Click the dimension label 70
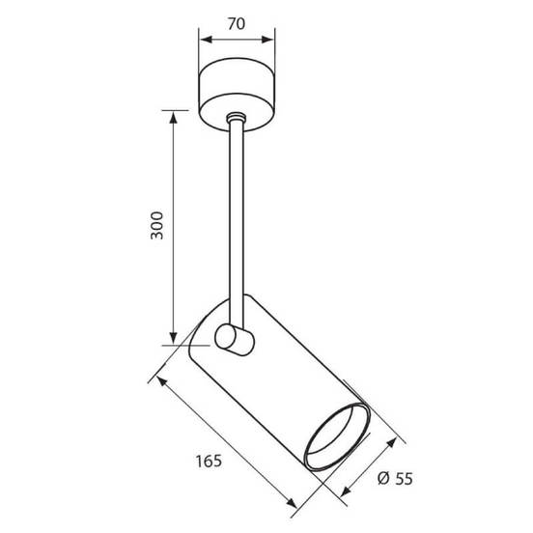tap(237, 24)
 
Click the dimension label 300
tap(157, 225)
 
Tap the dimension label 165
tap(209, 461)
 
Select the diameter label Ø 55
tap(395, 478)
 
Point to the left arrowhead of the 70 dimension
tap(206, 40)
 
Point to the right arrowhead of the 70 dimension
tap(267, 40)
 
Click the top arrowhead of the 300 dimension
tap(174, 118)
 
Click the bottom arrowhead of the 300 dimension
tap(174, 338)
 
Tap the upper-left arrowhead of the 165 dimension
tap(161, 381)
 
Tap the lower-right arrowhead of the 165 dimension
tap(292, 502)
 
